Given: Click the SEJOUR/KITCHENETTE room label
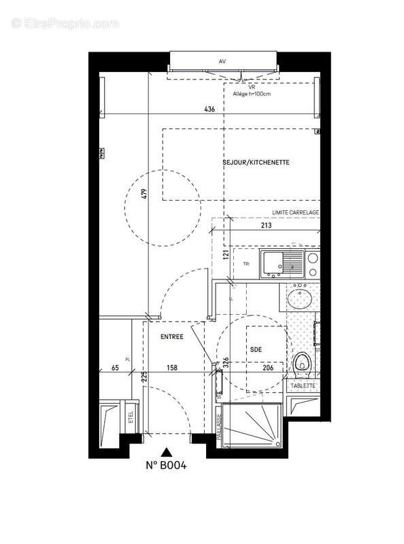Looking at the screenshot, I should point(256,163).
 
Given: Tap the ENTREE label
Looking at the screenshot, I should point(171,337).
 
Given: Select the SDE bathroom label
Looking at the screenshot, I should point(255,349).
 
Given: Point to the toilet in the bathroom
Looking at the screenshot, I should point(303,362).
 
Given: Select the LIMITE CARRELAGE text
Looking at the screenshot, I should point(295,213).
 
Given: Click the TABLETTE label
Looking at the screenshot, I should point(303,386).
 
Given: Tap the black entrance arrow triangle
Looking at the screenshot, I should point(167,450).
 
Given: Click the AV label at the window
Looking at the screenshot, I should point(222,62).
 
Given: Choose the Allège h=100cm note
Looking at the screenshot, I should point(252,95).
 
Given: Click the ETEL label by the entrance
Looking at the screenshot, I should point(131,417).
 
